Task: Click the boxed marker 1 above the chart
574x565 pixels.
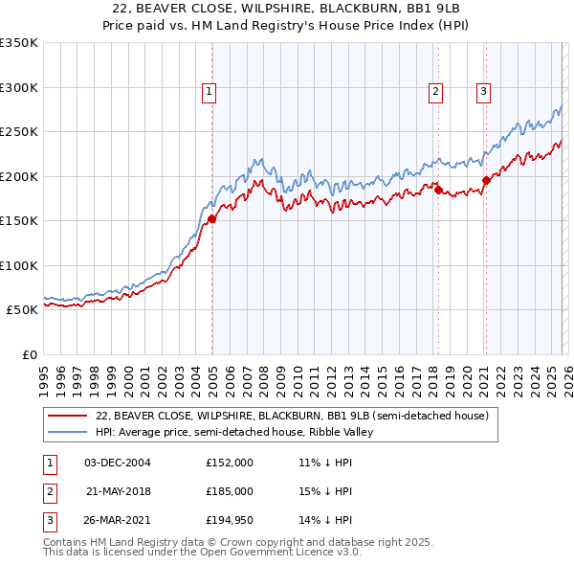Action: click(x=209, y=92)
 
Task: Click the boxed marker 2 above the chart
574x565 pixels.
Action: click(x=435, y=92)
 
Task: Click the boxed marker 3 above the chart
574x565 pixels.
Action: click(x=484, y=92)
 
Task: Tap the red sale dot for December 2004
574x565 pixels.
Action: click(x=211, y=218)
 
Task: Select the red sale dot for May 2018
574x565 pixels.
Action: click(x=438, y=190)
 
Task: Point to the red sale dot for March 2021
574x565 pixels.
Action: click(x=486, y=179)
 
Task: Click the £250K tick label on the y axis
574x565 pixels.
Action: click(x=19, y=132)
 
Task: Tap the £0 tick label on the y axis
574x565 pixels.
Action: click(x=29, y=355)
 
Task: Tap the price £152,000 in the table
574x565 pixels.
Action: click(x=229, y=463)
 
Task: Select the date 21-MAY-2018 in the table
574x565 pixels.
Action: click(x=118, y=491)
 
